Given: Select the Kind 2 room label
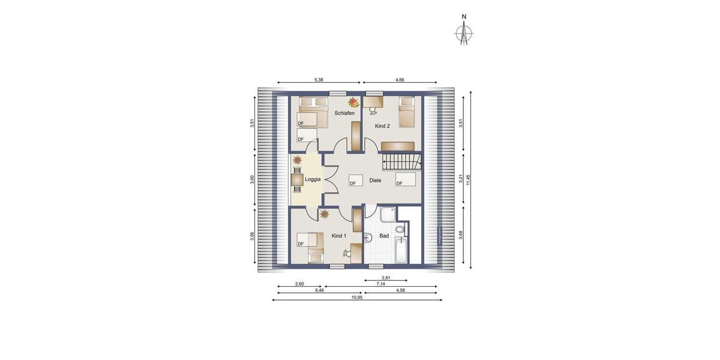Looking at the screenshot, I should [x=382, y=126].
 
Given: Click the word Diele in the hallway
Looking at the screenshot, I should [x=376, y=180].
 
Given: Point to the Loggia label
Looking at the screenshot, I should [x=313, y=179].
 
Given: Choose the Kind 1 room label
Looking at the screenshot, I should [x=339, y=236].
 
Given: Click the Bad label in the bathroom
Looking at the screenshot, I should [x=384, y=236].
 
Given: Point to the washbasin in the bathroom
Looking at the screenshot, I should [x=368, y=238].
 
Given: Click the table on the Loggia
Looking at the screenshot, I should [x=297, y=179].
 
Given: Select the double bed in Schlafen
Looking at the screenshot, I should [x=314, y=113].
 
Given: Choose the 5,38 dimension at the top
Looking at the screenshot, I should [x=319, y=79].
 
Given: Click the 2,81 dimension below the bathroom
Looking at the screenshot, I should [x=386, y=278].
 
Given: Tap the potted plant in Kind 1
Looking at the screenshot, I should [x=324, y=214].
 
